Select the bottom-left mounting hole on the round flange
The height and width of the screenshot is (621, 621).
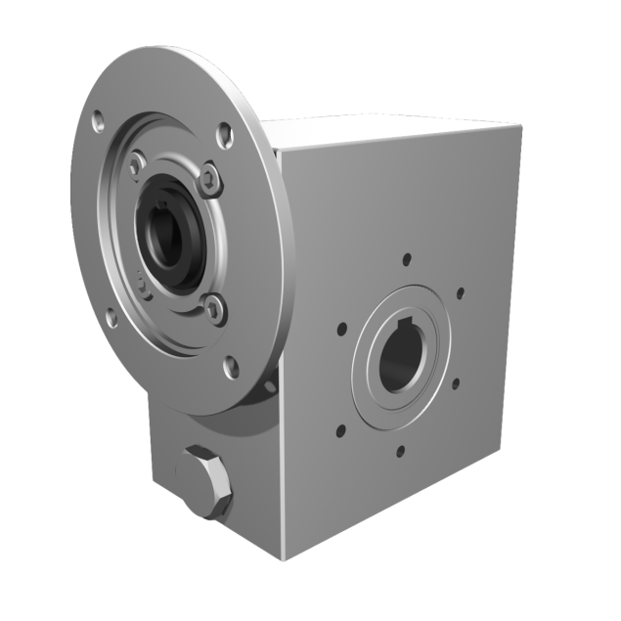pyautogui.click(x=111, y=317)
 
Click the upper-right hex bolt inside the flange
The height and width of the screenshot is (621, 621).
pyautogui.click(x=209, y=177)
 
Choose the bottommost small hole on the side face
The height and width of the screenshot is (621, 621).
pyautogui.click(x=399, y=451)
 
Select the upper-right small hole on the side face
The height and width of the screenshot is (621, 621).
pyautogui.click(x=460, y=291)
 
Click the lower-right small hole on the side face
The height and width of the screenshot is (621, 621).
pyautogui.click(x=456, y=385)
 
